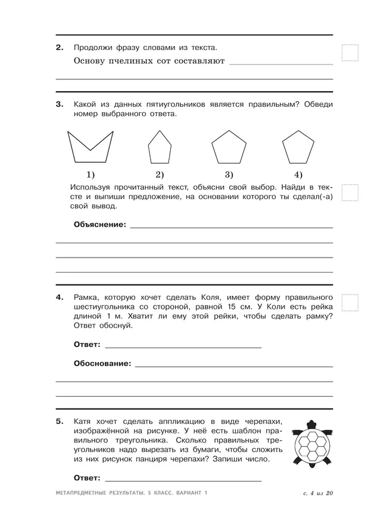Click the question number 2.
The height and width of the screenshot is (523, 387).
point(59,47)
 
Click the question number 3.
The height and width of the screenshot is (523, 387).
point(59,104)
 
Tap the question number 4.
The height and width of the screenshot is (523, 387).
point(59,297)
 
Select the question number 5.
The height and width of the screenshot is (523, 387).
point(59,422)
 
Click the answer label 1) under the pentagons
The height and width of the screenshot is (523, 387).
point(90,175)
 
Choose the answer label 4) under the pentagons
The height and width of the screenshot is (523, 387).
point(298,175)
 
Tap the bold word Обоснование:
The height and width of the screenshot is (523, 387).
point(102,363)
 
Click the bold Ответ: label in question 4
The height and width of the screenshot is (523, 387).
point(87,345)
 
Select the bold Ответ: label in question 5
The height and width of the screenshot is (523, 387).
point(87,478)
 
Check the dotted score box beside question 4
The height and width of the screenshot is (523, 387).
point(350,303)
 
